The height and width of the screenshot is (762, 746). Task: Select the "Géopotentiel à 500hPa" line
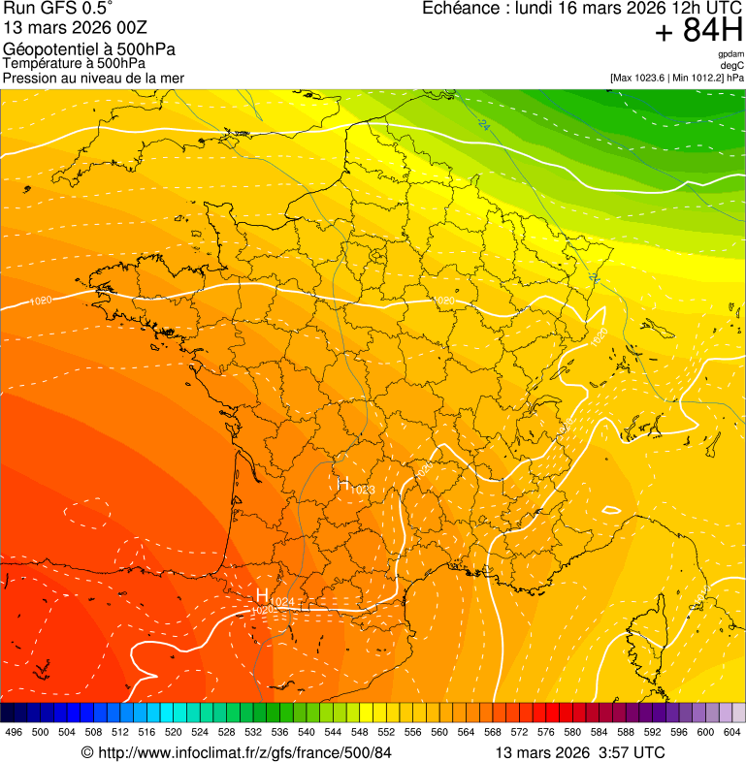(x=89, y=49)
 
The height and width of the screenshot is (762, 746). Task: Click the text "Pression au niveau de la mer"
(x=93, y=78)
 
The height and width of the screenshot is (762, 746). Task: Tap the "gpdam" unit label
(x=730, y=54)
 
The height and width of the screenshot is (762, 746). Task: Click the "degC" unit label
(x=732, y=65)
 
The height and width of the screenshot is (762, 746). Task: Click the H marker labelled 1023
(x=343, y=484)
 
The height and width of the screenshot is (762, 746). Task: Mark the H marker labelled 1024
(x=262, y=594)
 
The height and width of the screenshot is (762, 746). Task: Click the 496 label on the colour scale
(x=14, y=733)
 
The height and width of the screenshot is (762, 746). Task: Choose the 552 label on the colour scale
(x=386, y=733)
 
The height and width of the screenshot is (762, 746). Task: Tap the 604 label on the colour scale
(x=732, y=733)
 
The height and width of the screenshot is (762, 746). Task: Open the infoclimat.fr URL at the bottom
(x=245, y=752)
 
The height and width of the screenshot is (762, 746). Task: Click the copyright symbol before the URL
(x=87, y=752)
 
